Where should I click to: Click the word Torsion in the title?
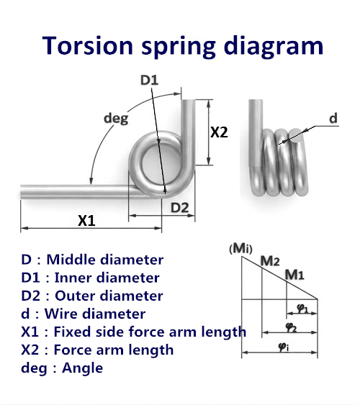[x=87, y=46]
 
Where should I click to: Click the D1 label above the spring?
[x=149, y=80]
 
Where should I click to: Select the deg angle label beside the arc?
[x=116, y=119]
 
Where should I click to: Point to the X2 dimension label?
[x=219, y=132]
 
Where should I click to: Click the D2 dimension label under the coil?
[x=179, y=208]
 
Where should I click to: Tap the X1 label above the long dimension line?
[x=86, y=221]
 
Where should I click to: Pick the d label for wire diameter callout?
[x=333, y=118]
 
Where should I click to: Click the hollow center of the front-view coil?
[x=161, y=162]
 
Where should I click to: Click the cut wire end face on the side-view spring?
[x=296, y=136]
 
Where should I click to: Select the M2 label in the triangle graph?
[x=270, y=261]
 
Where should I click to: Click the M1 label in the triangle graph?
[x=294, y=275]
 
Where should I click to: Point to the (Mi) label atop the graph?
[x=240, y=249]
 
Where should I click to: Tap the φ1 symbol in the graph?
[x=302, y=309]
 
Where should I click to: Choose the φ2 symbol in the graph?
[x=292, y=327]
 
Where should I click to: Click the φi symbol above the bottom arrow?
[x=284, y=347]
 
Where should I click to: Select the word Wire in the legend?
[x=61, y=314]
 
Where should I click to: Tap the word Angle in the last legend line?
[x=82, y=368]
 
